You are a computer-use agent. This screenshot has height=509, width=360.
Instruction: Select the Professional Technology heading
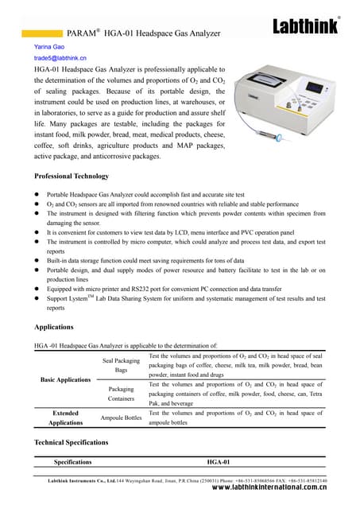(x=72, y=175)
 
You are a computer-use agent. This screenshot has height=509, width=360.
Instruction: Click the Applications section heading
(x=55, y=327)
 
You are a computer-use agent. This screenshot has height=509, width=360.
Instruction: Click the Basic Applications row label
(x=65, y=380)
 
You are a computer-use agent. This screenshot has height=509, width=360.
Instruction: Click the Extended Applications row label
(x=65, y=418)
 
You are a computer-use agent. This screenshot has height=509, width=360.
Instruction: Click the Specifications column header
(x=72, y=462)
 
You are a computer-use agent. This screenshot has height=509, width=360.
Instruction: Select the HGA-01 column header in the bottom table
(x=218, y=462)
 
